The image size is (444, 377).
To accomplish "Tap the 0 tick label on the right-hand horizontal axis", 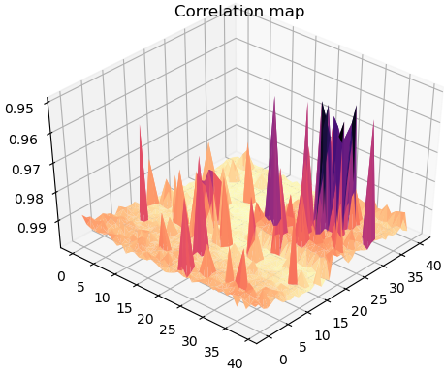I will click(284, 360).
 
